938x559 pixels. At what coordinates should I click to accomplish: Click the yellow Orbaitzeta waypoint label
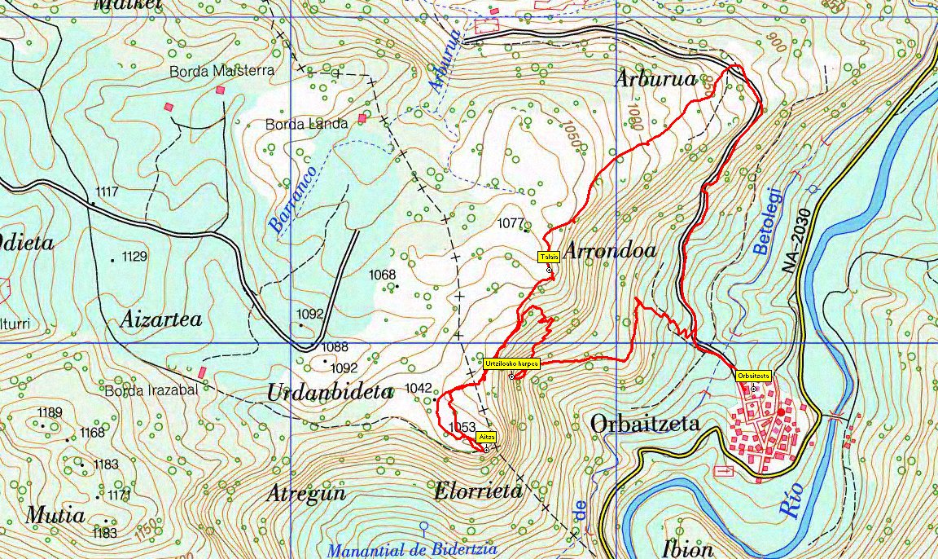click(753, 376)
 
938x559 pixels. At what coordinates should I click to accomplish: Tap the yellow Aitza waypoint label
click(485, 436)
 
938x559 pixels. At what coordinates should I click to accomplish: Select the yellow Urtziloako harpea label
click(511, 363)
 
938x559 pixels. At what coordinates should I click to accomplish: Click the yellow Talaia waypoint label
click(548, 257)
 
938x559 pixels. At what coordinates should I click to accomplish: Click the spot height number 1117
click(107, 192)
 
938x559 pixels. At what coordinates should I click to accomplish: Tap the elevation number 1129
click(134, 257)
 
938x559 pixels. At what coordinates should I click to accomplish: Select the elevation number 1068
click(382, 275)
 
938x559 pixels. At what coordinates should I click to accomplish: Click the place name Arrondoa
click(609, 251)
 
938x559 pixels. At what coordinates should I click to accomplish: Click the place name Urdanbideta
click(330, 391)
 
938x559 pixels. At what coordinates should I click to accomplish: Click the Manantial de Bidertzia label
click(411, 550)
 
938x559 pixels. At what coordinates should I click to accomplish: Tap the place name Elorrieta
click(477, 491)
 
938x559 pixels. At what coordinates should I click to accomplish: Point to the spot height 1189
click(50, 412)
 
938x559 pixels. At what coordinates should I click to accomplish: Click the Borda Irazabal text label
click(151, 390)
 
